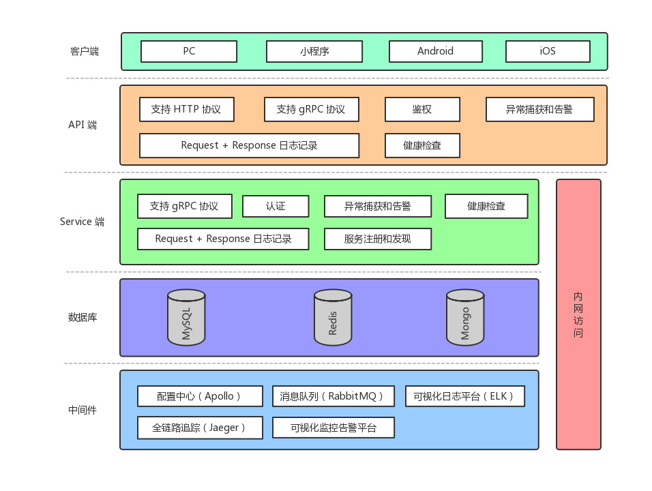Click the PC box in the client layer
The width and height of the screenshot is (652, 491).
tap(189, 51)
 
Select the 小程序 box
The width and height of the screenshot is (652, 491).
tap(314, 51)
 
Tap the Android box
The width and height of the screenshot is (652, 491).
tap(435, 51)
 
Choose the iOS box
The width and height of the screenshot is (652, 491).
tap(548, 51)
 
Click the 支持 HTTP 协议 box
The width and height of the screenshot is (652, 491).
tap(186, 109)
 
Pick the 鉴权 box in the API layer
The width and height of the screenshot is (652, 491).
tap(422, 109)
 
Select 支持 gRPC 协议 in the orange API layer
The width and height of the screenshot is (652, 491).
tap(311, 109)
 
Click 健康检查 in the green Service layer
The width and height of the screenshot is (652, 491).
tap(486, 206)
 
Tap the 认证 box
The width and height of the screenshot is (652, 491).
tap(276, 206)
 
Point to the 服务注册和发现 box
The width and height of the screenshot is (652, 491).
tap(377, 239)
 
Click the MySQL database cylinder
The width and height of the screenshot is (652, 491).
tap(186, 317)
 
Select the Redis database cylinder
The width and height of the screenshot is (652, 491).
tap(333, 317)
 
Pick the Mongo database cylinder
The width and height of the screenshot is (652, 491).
tap(465, 317)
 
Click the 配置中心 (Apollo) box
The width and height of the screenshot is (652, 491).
tap(200, 396)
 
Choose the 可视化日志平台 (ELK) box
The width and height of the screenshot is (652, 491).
tap(465, 396)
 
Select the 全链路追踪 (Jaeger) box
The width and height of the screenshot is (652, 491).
tap(200, 428)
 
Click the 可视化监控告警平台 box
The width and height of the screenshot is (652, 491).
tap(333, 428)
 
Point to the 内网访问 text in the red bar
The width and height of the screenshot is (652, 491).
tap(578, 314)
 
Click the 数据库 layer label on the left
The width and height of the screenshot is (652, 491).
tap(83, 317)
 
